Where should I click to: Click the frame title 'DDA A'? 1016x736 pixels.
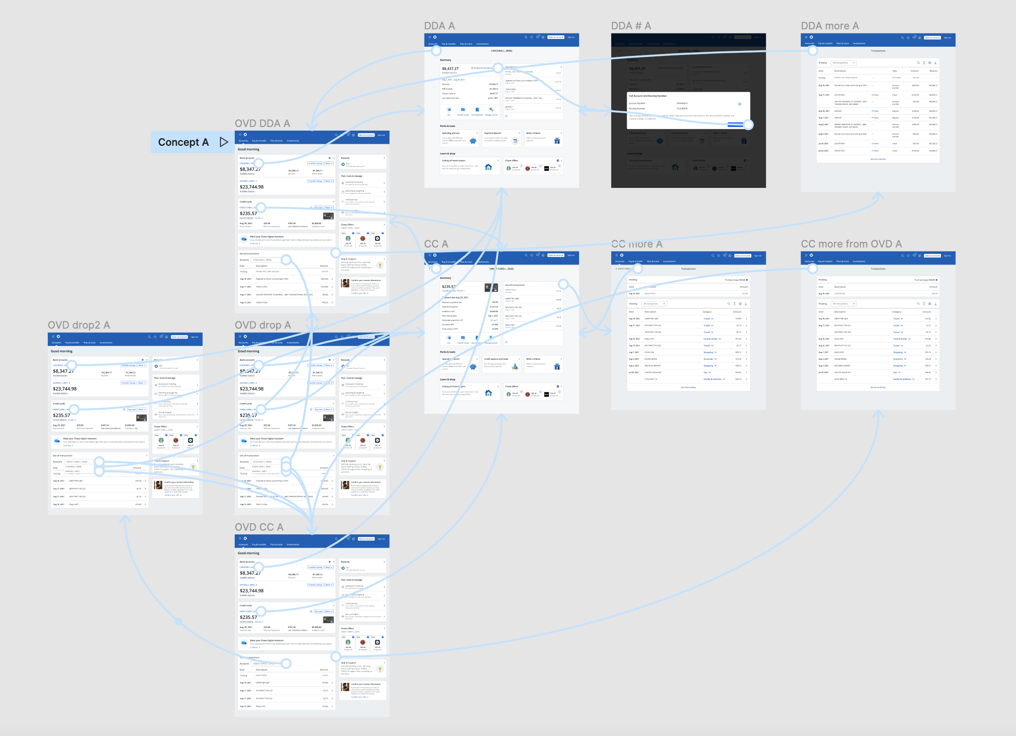pyautogui.click(x=439, y=26)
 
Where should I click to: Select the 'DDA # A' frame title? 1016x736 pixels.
pyautogui.click(x=631, y=26)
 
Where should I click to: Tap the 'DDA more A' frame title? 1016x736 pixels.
pyautogui.click(x=829, y=26)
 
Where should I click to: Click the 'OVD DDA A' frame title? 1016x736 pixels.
pyautogui.click(x=262, y=123)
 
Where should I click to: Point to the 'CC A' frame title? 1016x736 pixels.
pyautogui.click(x=436, y=244)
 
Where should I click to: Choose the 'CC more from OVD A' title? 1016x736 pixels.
pyautogui.click(x=851, y=244)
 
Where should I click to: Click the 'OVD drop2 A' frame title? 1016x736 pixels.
pyautogui.click(x=79, y=325)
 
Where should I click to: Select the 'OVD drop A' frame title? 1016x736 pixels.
pyautogui.click(x=263, y=325)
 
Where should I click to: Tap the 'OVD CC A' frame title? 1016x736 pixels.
pyautogui.click(x=259, y=527)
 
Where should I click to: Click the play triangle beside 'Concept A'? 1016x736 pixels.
pyautogui.click(x=224, y=142)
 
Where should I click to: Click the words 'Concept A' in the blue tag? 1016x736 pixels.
pyautogui.click(x=183, y=142)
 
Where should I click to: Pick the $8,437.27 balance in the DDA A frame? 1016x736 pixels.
pyautogui.click(x=450, y=69)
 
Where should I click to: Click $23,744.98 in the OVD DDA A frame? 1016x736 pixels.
pyautogui.click(x=252, y=187)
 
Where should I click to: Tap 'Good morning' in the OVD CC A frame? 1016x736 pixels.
pyautogui.click(x=248, y=553)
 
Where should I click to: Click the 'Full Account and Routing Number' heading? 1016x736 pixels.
pyautogui.click(x=647, y=96)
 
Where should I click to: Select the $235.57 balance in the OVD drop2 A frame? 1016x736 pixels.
pyautogui.click(x=61, y=416)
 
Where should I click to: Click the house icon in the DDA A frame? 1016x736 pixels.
pyautogui.click(x=488, y=167)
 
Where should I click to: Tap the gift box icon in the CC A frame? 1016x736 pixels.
pyautogui.click(x=557, y=367)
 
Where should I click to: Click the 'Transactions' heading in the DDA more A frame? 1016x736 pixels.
pyautogui.click(x=878, y=51)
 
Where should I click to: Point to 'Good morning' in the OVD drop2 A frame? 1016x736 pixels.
pyautogui.click(x=61, y=352)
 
